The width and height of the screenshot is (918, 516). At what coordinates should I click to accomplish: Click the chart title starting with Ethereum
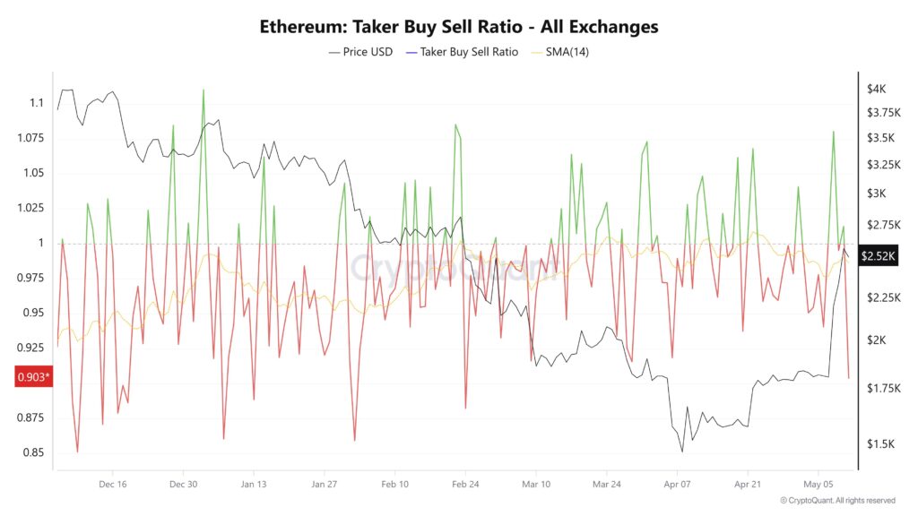pos(459,26)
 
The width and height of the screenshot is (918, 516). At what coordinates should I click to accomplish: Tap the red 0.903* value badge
pos(34,377)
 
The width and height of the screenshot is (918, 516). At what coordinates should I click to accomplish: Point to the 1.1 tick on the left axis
pos(35,103)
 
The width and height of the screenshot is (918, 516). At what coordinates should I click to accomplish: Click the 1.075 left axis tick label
pos(30,138)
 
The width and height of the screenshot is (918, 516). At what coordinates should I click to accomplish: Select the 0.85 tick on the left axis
pos(33,452)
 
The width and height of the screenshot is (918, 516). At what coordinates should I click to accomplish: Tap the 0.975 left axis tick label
pos(30,278)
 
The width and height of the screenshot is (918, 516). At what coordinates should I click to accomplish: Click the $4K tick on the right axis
pos(876,89)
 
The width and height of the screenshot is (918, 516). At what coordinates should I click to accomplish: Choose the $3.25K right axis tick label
pos(882,165)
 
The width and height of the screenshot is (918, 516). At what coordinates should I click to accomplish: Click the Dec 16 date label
pos(112,484)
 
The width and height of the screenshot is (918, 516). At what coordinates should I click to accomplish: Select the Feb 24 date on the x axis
pos(464,484)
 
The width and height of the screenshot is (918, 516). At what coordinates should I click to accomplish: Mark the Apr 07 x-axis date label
pos(677,484)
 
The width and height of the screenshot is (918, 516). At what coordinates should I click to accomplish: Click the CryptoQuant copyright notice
pos(837,500)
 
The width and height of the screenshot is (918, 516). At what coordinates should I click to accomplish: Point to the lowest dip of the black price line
pos(682,451)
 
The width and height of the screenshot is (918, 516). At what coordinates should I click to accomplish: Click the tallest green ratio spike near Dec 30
pos(204,90)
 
